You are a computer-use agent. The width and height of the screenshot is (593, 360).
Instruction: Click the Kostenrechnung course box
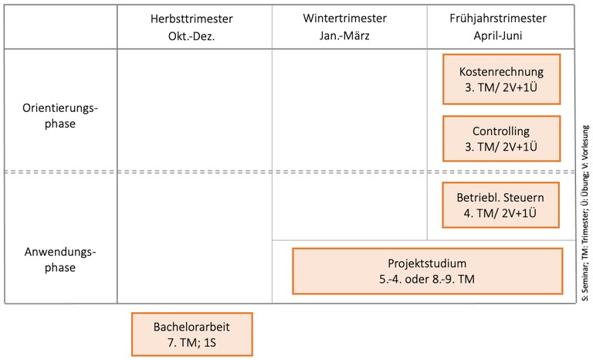click(500, 79)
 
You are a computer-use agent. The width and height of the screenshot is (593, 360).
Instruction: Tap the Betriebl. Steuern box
click(500, 205)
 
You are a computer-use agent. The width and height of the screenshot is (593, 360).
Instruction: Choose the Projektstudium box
click(427, 270)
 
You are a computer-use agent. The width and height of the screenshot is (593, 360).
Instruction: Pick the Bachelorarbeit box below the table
click(191, 334)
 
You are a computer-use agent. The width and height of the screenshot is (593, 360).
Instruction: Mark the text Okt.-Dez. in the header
click(191, 36)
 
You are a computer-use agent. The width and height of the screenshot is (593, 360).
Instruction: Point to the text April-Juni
click(500, 36)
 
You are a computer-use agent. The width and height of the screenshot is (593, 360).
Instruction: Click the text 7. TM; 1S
click(191, 341)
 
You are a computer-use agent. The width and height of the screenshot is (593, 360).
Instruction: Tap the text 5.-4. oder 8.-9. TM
click(427, 279)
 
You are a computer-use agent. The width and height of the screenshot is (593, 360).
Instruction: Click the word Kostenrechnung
click(500, 71)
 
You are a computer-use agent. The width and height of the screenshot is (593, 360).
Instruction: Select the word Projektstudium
click(427, 263)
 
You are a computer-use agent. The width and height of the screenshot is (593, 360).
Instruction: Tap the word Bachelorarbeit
click(191, 326)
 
